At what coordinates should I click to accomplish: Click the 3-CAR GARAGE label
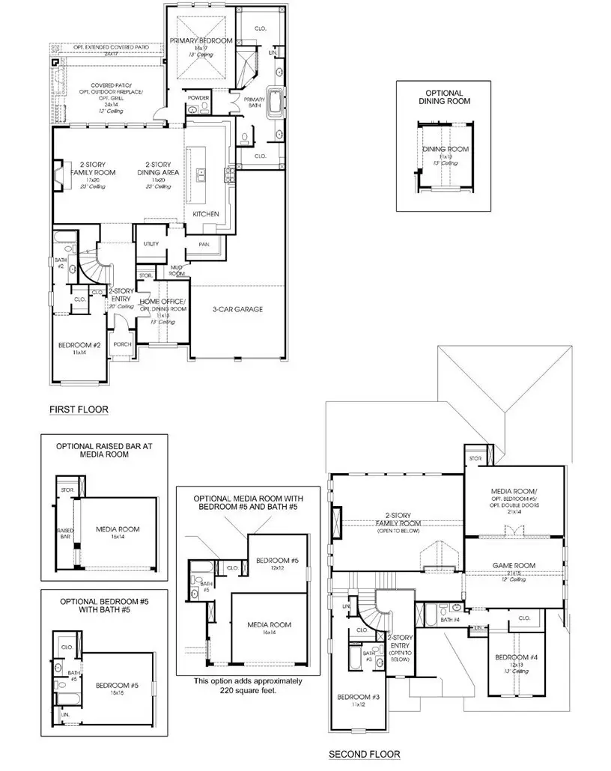click(237, 308)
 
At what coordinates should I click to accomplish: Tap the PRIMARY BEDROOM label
click(201, 40)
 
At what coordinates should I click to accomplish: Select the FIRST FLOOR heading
click(79, 409)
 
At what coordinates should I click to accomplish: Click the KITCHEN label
click(205, 214)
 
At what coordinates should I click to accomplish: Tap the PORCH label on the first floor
click(121, 345)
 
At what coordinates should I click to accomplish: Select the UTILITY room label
click(151, 245)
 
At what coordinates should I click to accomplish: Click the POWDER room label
click(198, 98)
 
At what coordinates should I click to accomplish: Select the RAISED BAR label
click(63, 533)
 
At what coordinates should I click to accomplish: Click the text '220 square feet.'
click(248, 692)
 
